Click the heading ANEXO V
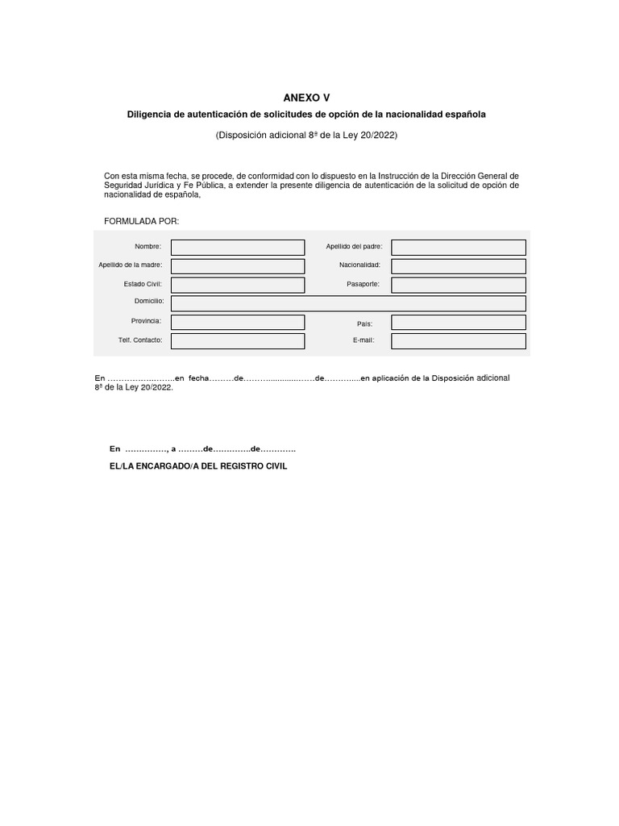[306, 97]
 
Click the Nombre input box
[238, 248]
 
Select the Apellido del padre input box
[458, 248]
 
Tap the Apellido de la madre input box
[238, 266]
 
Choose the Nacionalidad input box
[458, 266]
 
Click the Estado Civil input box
[238, 285]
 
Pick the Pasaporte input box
[458, 285]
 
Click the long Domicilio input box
[348, 303]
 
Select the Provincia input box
[238, 322]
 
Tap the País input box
[458, 322]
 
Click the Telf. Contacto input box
[238, 341]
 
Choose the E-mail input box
[458, 341]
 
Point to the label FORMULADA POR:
[142, 221]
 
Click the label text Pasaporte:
[363, 285]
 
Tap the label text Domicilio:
[149, 301]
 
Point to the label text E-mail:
[364, 340]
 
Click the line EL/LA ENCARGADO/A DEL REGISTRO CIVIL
[198, 466]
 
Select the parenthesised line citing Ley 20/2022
[306, 135]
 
